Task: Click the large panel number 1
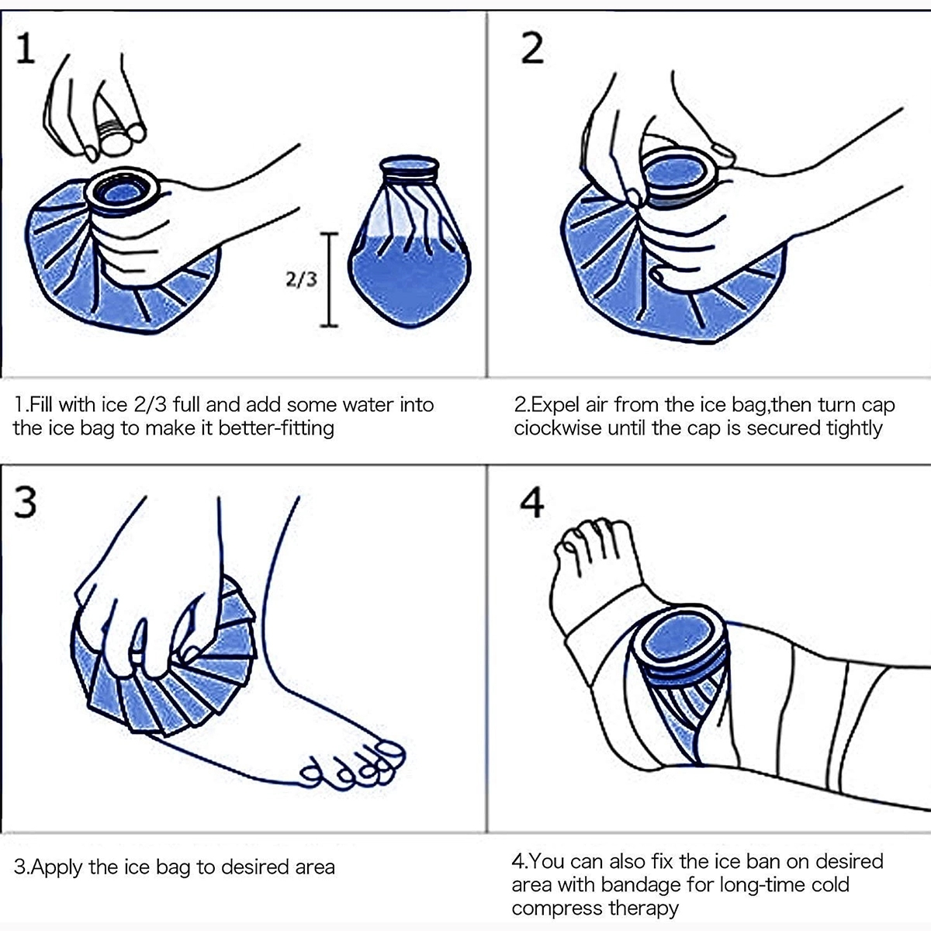26,47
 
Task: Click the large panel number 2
531,47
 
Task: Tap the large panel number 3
26,502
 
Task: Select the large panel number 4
531,502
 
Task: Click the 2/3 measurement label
302,279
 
